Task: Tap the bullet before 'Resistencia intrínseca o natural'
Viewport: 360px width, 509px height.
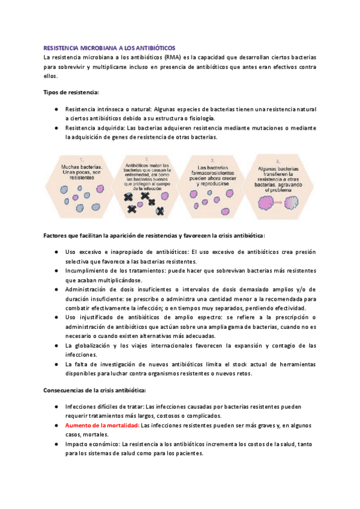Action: click(56, 110)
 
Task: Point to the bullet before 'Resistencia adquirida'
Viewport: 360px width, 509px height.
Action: click(56, 128)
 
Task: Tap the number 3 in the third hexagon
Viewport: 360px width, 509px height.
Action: click(214, 160)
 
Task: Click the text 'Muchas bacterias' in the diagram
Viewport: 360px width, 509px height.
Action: click(81, 166)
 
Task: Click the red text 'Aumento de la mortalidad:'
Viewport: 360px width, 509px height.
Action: click(102, 425)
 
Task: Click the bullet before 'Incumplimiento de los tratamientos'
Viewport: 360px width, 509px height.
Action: click(56, 271)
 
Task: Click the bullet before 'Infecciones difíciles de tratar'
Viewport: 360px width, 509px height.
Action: click(56, 406)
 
